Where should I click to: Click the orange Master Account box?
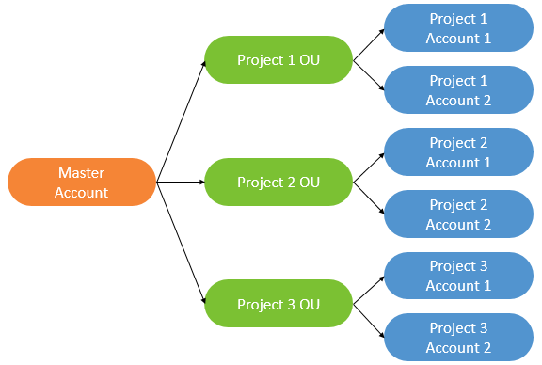[x=82, y=182]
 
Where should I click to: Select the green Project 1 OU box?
[x=279, y=60]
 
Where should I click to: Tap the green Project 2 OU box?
[x=279, y=182]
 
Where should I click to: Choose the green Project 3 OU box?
[x=279, y=304]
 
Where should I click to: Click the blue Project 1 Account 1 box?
[x=458, y=28]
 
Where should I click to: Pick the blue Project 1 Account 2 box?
[x=458, y=90]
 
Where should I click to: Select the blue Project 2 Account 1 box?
[x=458, y=152]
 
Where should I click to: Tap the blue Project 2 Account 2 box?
[x=458, y=214]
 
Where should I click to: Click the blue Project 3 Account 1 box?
[x=458, y=276]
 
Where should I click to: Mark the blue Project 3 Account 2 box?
[x=458, y=338]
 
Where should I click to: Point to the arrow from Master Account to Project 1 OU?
[x=182, y=120]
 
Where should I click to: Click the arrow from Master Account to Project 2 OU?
[x=181, y=182]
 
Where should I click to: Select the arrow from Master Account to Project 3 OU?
[x=182, y=243]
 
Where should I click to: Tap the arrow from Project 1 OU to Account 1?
[x=369, y=44]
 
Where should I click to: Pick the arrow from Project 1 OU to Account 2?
[x=369, y=75]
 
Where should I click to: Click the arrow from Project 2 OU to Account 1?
[x=369, y=167]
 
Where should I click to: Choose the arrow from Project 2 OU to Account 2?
[x=369, y=198]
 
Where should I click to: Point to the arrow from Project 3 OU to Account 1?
[x=369, y=290]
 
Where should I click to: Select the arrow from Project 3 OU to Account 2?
[x=369, y=321]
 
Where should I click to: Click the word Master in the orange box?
[x=81, y=173]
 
